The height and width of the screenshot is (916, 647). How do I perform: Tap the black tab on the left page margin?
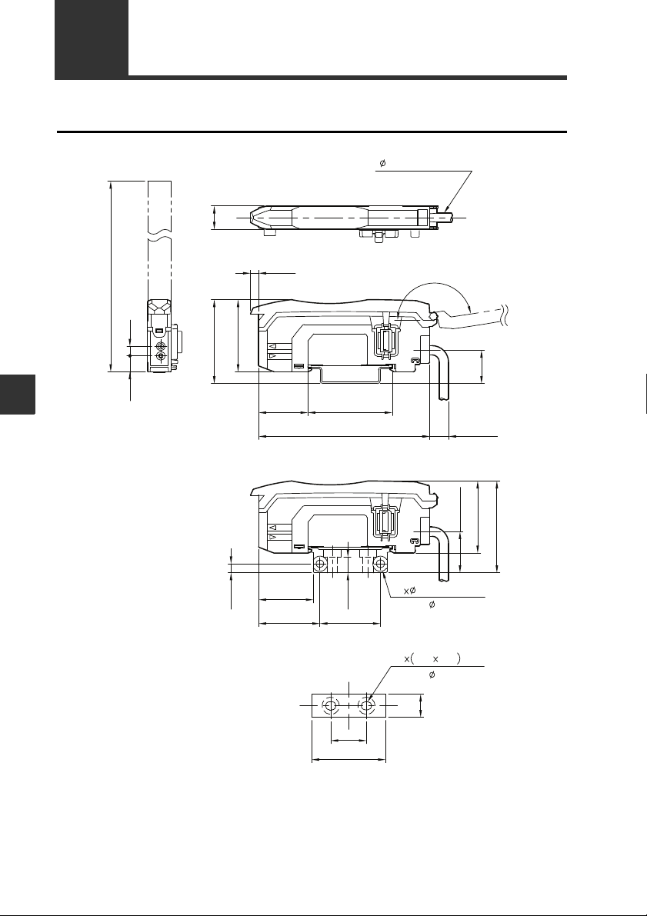(18, 395)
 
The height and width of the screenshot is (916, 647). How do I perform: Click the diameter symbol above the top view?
(382, 163)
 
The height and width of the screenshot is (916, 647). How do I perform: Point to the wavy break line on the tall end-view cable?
(159, 238)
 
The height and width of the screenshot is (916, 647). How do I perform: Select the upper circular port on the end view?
(162, 346)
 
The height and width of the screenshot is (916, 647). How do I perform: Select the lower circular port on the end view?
(162, 356)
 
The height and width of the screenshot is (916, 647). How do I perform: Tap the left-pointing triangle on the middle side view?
(272, 346)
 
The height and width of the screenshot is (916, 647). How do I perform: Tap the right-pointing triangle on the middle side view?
(272, 355)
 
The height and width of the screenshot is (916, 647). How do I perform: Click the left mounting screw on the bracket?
(320, 565)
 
